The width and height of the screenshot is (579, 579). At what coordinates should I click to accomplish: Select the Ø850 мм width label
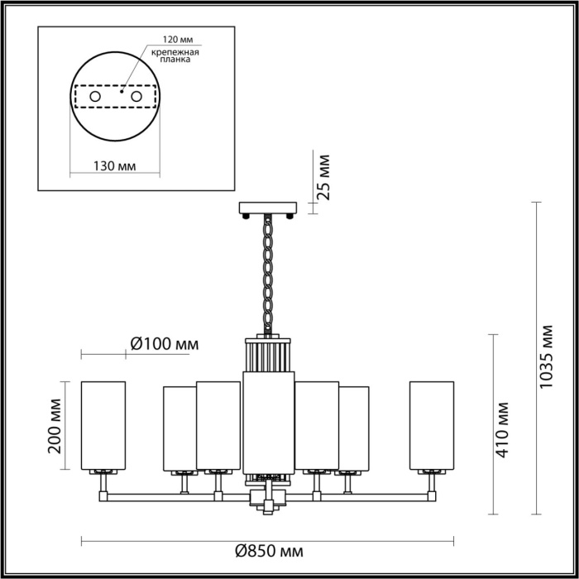click(x=268, y=552)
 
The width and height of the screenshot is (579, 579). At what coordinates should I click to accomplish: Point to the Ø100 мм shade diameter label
click(x=165, y=343)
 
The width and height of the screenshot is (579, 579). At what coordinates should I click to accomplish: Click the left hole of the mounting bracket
click(x=95, y=98)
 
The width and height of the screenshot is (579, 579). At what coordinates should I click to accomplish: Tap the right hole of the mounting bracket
click(x=136, y=98)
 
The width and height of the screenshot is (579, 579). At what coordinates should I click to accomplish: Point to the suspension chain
click(x=268, y=273)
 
